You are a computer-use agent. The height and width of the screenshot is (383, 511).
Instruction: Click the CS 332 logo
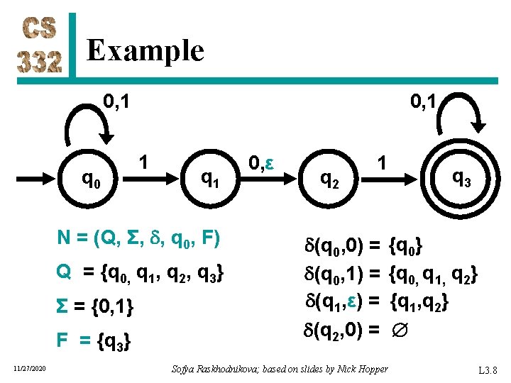(41, 46)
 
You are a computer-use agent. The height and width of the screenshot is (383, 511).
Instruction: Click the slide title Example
(145, 50)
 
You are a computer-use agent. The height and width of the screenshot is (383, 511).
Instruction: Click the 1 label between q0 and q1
(144, 162)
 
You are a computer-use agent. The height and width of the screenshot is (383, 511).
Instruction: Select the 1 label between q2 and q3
(381, 163)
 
